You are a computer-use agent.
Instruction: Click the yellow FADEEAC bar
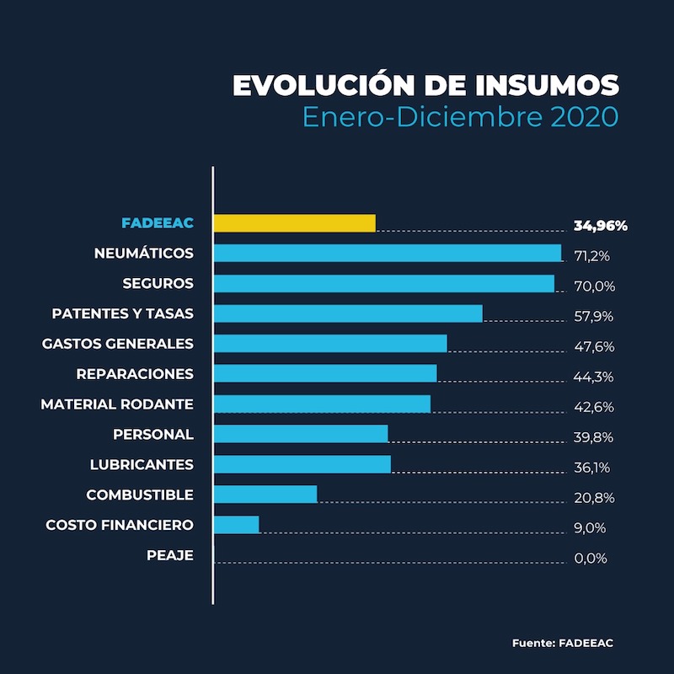(294, 223)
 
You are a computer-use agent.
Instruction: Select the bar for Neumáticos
(388, 253)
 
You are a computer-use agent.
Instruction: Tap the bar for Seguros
(384, 283)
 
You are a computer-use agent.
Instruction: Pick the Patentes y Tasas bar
(348, 313)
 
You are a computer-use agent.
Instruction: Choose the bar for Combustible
(265, 495)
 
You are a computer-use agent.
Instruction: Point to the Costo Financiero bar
(237, 525)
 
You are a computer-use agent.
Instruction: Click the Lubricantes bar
(302, 464)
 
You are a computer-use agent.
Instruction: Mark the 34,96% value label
(600, 226)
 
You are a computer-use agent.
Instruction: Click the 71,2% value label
(591, 255)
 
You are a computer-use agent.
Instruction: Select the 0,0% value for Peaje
(590, 559)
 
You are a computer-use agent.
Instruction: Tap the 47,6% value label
(593, 346)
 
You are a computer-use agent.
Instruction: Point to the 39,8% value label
(593, 437)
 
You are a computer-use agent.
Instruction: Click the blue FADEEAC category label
(158, 223)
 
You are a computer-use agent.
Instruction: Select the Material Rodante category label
(117, 404)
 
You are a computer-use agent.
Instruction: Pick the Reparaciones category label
(135, 374)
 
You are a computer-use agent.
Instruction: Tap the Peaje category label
(169, 556)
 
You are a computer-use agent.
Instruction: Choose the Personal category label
(153, 435)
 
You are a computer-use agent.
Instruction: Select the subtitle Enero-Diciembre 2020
(460, 116)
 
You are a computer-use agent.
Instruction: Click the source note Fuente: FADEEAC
(562, 644)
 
